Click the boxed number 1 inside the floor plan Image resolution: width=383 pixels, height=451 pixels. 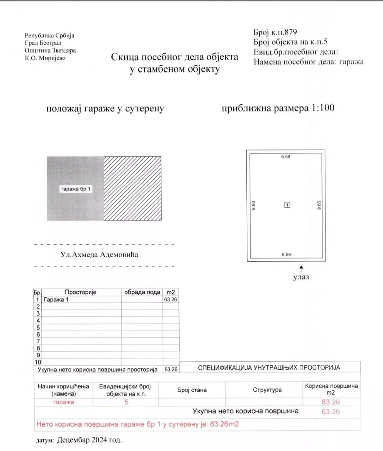[287, 205]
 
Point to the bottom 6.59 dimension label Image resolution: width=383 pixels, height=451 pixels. [286, 254]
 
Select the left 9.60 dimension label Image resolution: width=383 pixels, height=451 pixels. [254, 206]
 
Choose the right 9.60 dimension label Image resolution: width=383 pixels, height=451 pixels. [319, 206]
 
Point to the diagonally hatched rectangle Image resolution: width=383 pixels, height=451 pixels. [133, 188]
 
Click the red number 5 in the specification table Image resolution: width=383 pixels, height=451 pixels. [126, 403]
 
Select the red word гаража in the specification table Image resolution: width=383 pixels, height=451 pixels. [63, 403]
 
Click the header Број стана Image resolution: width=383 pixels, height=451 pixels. [192, 390]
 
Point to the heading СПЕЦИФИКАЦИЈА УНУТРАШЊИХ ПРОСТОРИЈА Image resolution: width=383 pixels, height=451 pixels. [269, 368]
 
